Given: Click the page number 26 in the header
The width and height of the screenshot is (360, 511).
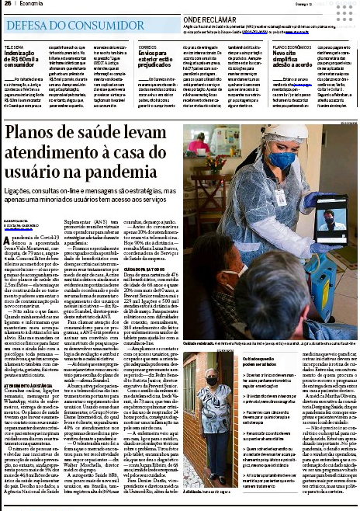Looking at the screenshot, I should click(7, 5).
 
